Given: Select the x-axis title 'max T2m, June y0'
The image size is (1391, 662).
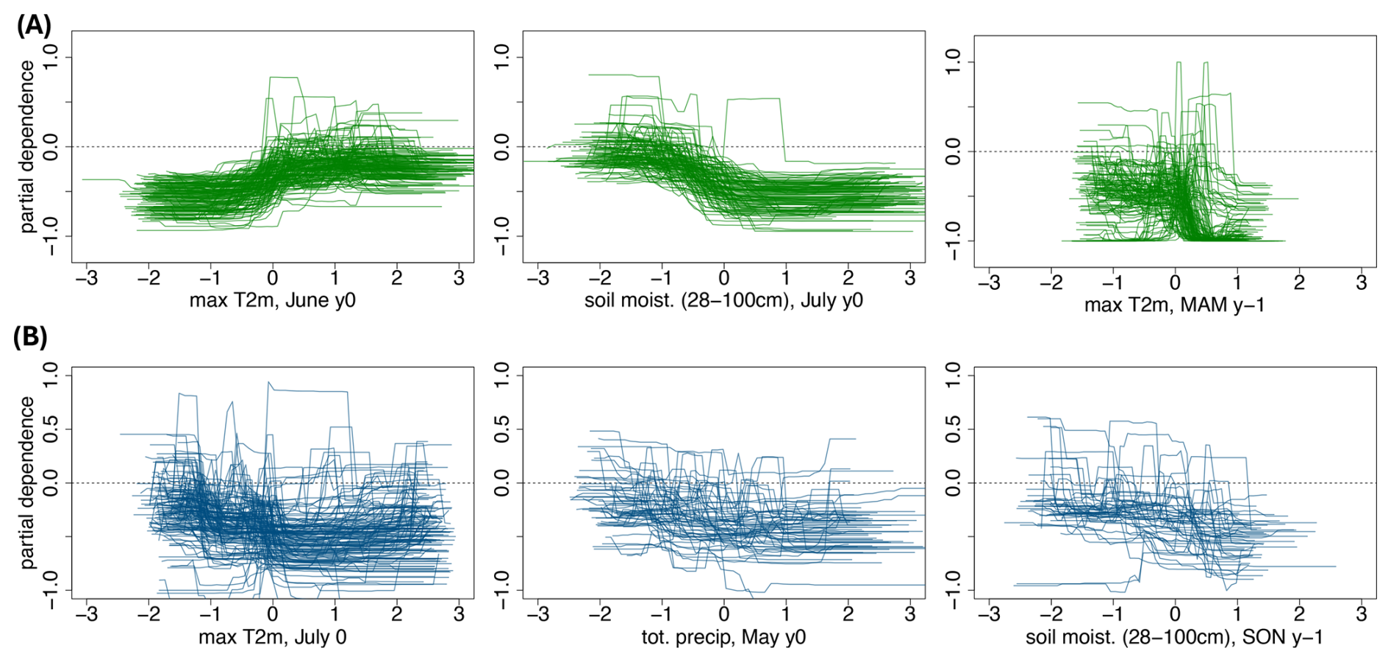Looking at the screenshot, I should point(272,300).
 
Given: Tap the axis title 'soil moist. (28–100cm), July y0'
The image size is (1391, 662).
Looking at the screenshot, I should point(723,300).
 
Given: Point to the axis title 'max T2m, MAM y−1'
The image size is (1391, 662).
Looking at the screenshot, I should point(1174,305).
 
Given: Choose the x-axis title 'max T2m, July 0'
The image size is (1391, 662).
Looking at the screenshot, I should point(272,636).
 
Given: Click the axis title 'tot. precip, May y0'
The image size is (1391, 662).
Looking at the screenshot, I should point(723,636).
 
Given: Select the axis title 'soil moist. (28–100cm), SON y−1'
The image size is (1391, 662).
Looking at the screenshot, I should point(1174,636).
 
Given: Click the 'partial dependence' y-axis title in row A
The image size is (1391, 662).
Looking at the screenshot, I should point(27,147).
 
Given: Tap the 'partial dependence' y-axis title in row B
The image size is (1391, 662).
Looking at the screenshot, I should point(27,483).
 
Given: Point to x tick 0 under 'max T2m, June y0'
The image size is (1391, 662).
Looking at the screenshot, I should point(272,278).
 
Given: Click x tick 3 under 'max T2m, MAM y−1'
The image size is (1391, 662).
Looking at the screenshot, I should point(1361,282).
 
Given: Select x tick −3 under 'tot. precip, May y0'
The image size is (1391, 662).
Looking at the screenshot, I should point(538,613).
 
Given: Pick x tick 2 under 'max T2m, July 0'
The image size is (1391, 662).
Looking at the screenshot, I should point(396,613).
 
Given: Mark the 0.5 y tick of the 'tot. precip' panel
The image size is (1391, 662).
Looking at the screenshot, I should point(501,429).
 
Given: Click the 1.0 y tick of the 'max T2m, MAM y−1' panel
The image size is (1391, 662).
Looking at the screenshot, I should point(952,62).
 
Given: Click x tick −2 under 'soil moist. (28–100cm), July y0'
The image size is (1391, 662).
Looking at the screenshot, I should point(600,278).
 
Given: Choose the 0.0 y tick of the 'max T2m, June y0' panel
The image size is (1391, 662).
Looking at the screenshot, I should point(50,147).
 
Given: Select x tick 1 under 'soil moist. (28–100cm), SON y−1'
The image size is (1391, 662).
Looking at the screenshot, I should point(1237,613).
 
